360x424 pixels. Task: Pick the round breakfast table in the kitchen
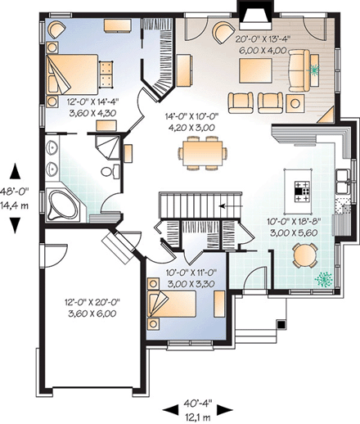(304, 256)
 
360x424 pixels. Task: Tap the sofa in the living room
(301, 67)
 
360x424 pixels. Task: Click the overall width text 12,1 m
(198, 417)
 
